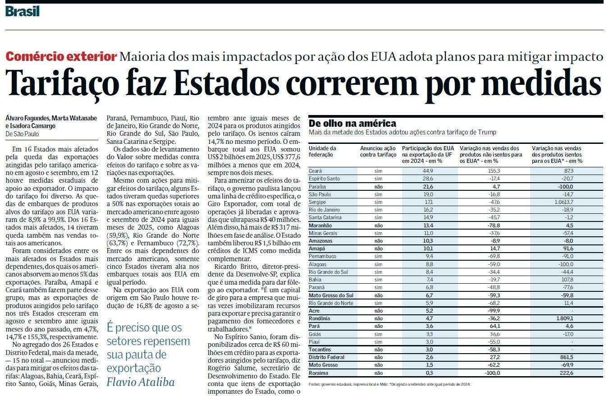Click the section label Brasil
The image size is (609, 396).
[23, 11]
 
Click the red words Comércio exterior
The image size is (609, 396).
[61, 57]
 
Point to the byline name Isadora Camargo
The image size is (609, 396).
[32, 126]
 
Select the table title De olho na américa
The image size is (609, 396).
[353, 123]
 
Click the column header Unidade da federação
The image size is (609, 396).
[322, 151]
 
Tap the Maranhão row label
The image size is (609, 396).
[321, 225]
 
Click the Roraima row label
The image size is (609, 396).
[319, 373]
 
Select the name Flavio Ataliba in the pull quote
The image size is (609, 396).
[140, 382]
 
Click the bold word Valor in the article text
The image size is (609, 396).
[126, 157]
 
